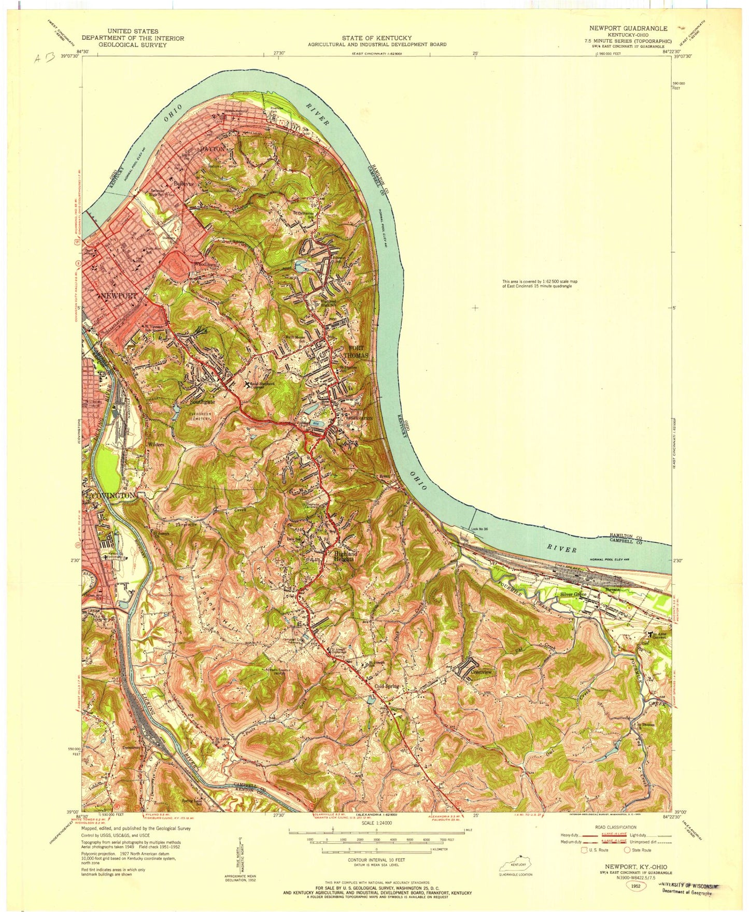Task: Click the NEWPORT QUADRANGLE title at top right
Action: [628, 28]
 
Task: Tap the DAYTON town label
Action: [213, 149]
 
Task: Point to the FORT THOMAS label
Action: [357, 352]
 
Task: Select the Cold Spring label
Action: [387, 686]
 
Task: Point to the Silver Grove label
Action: [573, 595]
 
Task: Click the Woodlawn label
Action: [204, 264]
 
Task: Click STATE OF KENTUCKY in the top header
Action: [376, 38]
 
